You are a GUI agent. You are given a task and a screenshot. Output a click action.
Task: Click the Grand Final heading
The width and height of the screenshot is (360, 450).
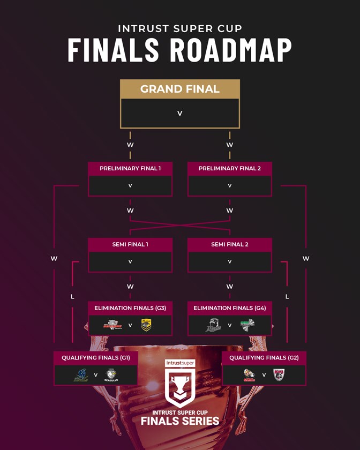(179, 89)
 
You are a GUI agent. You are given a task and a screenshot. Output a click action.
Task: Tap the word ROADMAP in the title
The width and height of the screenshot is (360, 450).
(231, 50)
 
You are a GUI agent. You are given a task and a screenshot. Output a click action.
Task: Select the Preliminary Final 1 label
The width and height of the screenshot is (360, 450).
(130, 168)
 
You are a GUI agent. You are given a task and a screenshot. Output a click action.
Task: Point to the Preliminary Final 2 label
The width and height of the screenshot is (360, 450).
(229, 168)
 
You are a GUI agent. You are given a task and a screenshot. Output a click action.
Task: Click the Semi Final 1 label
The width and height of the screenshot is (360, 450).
(130, 244)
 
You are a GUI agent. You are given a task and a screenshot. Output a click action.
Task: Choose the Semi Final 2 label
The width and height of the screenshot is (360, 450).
(229, 244)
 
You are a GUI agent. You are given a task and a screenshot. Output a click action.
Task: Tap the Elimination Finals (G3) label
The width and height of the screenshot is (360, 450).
(130, 308)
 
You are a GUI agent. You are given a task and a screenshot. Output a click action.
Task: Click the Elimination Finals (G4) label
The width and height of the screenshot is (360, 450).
(229, 308)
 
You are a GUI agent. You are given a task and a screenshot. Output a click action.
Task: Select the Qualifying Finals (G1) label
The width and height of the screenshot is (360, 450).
(96, 357)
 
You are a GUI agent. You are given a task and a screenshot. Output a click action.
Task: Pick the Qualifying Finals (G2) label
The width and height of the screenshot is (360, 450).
(264, 357)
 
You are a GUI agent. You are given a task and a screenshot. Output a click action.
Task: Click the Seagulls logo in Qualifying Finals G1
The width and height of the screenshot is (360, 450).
(111, 375)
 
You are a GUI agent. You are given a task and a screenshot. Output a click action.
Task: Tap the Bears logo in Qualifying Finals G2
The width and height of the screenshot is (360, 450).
(279, 375)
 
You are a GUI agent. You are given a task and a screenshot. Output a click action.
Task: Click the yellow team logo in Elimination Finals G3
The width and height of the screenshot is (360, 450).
(146, 325)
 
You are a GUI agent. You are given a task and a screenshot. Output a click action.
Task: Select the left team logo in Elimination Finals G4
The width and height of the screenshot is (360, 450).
(213, 325)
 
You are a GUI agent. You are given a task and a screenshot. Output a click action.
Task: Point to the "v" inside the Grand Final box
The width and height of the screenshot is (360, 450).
(179, 114)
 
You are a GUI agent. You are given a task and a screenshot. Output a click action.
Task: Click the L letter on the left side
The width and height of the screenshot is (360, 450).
(72, 296)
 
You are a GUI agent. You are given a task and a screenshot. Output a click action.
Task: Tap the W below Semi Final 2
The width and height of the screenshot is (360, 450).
(229, 287)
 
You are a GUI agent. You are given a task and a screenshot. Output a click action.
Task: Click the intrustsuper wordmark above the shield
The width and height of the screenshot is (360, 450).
(180, 363)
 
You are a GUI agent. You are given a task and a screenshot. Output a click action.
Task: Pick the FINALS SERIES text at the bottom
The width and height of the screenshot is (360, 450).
(180, 421)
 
